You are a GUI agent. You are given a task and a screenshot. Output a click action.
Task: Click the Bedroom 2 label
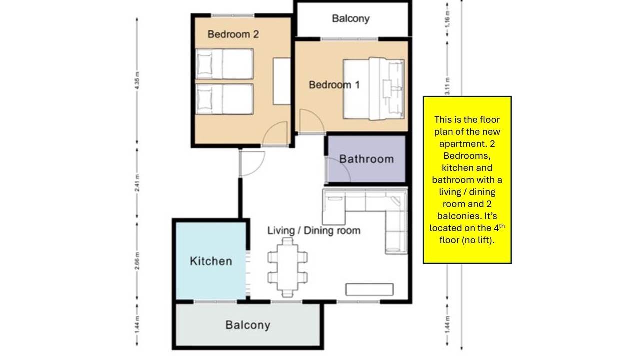point(233,34)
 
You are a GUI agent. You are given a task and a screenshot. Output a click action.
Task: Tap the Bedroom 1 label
point(334,85)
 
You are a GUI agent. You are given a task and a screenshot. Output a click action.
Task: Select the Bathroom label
point(366,159)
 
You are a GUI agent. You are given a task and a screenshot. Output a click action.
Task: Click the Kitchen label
point(211,261)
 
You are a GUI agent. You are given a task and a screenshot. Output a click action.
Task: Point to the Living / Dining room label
point(314,230)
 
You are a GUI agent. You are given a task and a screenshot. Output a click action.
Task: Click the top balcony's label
point(351,19)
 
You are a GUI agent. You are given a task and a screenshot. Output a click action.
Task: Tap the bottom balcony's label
point(248,325)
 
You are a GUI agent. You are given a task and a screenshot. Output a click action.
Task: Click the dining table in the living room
point(287,267)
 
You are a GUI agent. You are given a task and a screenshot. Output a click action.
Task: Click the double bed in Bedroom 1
point(374,89)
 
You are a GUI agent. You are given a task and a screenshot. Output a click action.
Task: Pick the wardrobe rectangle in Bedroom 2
point(282,81)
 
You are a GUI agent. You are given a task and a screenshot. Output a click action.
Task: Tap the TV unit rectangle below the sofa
point(369,289)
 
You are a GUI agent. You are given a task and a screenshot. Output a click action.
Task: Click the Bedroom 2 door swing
point(275,133)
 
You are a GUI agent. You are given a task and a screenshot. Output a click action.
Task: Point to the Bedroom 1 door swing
point(311,121)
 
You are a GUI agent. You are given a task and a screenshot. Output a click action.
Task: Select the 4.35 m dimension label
point(137,80)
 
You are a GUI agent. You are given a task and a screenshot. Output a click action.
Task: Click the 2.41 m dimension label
point(137,183)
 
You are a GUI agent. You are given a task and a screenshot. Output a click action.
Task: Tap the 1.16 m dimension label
point(447,19)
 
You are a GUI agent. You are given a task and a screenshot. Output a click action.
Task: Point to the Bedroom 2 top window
point(233,15)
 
